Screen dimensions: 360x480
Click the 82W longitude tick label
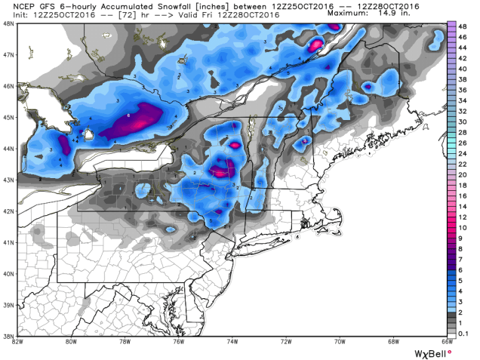click(16, 340)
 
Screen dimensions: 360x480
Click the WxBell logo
click(432, 352)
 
